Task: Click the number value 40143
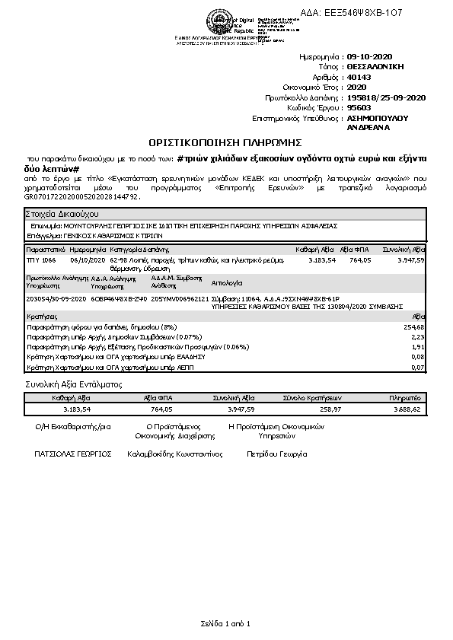(x=359, y=77)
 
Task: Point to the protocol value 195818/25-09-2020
(x=385, y=97)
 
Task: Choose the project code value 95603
(x=359, y=108)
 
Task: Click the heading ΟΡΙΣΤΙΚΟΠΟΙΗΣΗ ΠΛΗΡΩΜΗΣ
(x=225, y=142)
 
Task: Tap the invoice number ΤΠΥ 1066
(x=42, y=260)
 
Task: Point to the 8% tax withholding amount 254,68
(x=413, y=326)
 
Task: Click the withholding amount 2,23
(x=417, y=336)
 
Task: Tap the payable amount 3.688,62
(x=405, y=409)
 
